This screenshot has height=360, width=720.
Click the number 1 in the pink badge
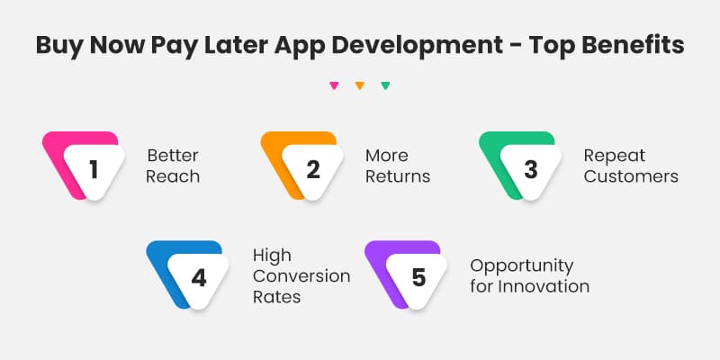[x=94, y=168]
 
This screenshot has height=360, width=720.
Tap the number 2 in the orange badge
[x=312, y=168]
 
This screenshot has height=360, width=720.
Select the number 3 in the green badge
[x=531, y=168]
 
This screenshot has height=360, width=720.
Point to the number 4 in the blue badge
[x=199, y=277]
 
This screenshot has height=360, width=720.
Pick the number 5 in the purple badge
[x=418, y=277]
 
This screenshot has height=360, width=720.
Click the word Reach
[x=173, y=176]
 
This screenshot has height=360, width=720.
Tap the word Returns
[x=398, y=176]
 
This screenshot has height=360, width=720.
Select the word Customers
[x=631, y=176]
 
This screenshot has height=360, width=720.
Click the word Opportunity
[x=521, y=266]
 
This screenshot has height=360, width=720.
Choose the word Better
[x=171, y=156]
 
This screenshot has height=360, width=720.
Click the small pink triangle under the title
[x=334, y=86]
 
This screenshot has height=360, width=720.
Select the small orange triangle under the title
[x=359, y=86]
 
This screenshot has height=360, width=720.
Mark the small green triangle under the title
[x=385, y=86]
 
